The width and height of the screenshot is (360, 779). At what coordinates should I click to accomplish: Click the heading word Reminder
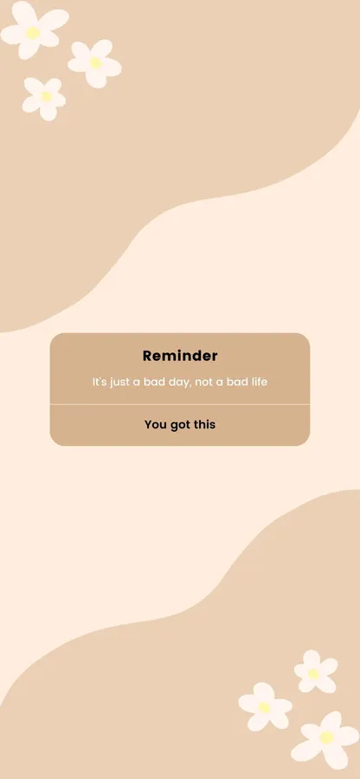pos(180,356)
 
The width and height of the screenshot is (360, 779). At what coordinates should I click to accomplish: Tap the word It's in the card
pos(100,382)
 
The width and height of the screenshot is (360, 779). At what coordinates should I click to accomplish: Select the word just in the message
pos(119,383)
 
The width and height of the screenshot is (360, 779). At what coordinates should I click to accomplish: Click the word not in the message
pos(203,383)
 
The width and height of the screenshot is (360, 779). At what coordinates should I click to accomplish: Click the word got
pos(180,425)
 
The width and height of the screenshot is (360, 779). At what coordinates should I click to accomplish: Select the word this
pos(204,425)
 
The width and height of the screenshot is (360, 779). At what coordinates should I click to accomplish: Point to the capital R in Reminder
pos(148,356)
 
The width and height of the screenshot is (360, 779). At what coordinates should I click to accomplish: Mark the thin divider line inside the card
pos(180,404)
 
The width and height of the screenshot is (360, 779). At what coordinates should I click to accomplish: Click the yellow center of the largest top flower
pos(33,33)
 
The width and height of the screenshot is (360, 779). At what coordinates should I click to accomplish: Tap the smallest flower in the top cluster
pos(44,99)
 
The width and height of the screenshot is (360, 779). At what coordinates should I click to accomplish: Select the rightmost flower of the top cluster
pos(94,63)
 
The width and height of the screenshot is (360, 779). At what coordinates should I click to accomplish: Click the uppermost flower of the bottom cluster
pos(315,673)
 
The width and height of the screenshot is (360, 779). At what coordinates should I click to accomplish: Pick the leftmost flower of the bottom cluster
pos(265,707)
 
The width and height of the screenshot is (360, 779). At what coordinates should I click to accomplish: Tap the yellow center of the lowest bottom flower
pos(326,737)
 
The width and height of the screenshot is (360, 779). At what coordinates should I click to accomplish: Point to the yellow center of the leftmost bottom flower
pos(265,707)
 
